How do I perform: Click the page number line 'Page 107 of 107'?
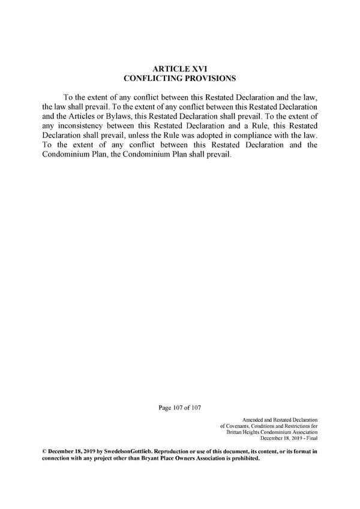[x=179, y=408]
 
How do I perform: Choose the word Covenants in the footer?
[x=239, y=426]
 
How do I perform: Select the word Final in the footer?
[x=311, y=438]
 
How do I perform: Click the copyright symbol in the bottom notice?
[x=44, y=450]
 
